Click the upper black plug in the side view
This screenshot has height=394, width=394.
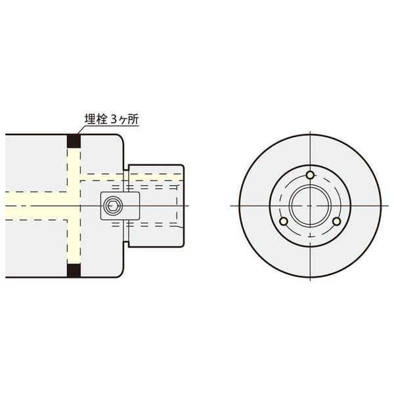tap(74, 141)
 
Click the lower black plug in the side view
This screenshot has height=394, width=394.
tap(74, 270)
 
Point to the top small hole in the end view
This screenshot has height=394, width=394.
tap(309, 175)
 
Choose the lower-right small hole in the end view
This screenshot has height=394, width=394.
tap(336, 221)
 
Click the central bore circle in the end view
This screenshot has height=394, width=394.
tap(309, 206)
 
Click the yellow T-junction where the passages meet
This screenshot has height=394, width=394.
tap(74, 197)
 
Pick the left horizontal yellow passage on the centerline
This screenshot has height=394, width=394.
tap(33, 197)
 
